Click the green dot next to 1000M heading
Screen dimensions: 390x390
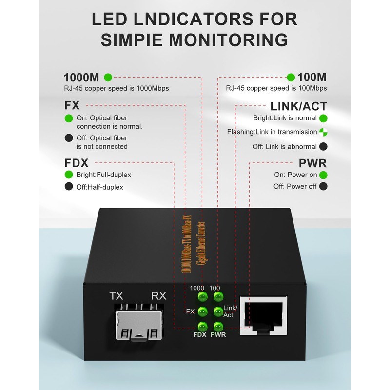pos(108,77)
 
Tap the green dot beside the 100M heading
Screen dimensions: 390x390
pos(291,77)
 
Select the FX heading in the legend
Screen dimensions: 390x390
pos(72,106)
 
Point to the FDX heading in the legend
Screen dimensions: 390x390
pos(77,163)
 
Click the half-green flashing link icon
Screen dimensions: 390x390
pos(323,132)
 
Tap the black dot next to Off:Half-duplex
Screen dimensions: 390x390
pos(69,187)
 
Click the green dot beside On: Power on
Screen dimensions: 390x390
pos(323,175)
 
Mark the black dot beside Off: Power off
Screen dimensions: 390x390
pos(323,186)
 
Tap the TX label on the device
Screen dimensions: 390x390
pos(117,296)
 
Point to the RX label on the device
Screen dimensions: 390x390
pos(159,296)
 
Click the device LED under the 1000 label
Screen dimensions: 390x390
pos(200,297)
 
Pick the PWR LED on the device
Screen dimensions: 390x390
pos(217,326)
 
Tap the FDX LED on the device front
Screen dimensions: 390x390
pos(200,326)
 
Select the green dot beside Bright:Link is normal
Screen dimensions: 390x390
pos(323,118)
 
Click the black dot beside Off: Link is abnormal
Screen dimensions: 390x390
pos(323,146)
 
